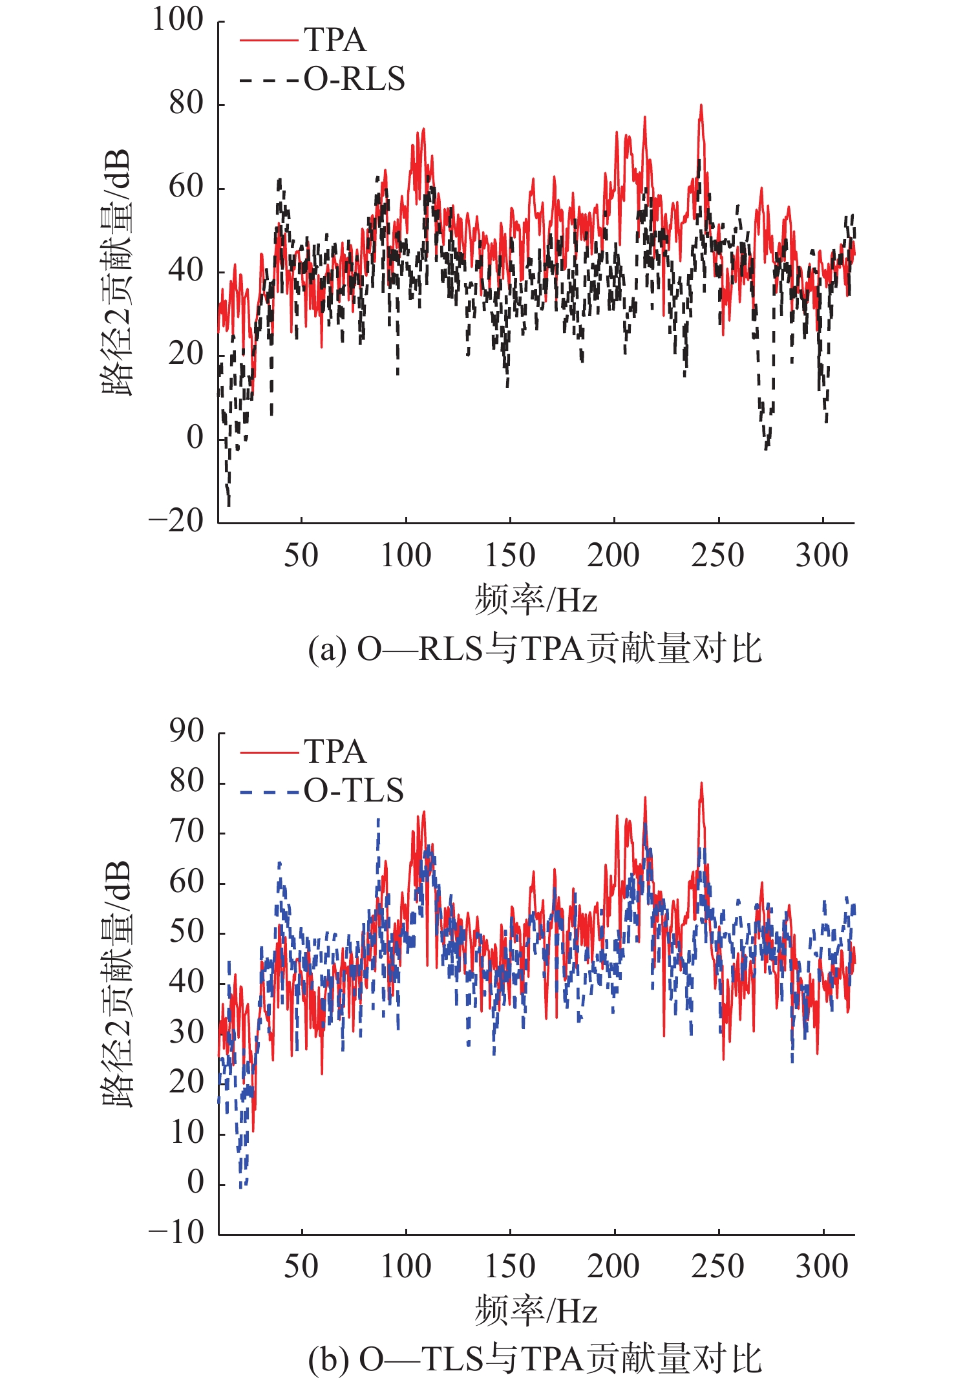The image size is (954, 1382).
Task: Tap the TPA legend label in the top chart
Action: tap(335, 40)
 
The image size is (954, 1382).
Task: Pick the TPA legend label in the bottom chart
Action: tap(335, 752)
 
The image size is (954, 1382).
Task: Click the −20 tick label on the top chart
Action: tap(176, 520)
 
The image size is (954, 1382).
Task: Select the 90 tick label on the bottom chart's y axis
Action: tap(187, 731)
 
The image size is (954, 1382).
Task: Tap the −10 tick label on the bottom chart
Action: tap(176, 1232)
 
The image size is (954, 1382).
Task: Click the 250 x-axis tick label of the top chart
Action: tap(717, 555)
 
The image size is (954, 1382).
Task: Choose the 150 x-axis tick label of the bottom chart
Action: tap(510, 1266)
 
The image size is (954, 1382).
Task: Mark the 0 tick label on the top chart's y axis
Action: tap(195, 438)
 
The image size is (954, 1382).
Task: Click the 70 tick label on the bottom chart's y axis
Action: tap(187, 832)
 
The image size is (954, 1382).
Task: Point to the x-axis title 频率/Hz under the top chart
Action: tap(535, 600)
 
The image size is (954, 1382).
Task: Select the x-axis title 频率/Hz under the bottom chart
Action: tap(535, 1311)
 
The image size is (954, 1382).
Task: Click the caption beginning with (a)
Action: tap(535, 649)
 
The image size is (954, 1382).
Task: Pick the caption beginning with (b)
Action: tap(535, 1359)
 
